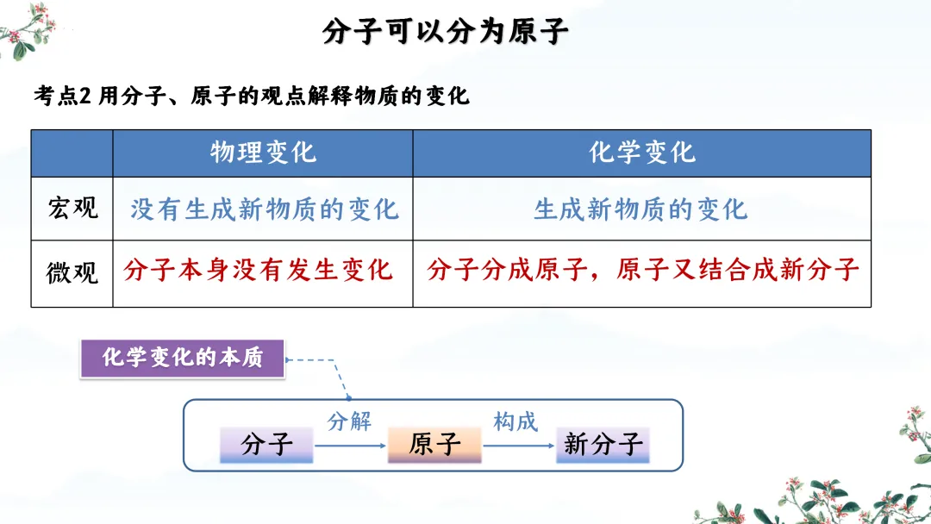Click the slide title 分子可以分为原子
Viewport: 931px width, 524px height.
pyautogui.click(x=446, y=32)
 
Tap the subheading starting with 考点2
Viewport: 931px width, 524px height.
pyautogui.click(x=252, y=96)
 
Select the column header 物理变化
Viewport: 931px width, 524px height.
pyautogui.click(x=263, y=153)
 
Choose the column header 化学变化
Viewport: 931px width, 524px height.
pyautogui.click(x=641, y=153)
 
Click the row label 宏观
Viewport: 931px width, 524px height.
pyautogui.click(x=72, y=208)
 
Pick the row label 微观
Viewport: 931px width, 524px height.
pyautogui.click(x=72, y=271)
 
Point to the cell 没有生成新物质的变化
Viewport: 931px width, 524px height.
pyautogui.click(x=264, y=209)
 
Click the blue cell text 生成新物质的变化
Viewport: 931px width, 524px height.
pyautogui.click(x=640, y=209)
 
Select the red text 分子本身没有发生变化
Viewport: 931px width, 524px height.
pyautogui.click(x=259, y=270)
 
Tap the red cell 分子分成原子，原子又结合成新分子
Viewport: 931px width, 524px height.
pyautogui.click(x=642, y=270)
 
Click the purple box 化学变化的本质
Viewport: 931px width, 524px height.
pyautogui.click(x=182, y=358)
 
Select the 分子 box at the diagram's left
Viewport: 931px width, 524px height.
pyautogui.click(x=266, y=444)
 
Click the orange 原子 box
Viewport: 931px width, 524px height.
pyautogui.click(x=434, y=444)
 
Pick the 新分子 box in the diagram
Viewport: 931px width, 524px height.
pyautogui.click(x=603, y=444)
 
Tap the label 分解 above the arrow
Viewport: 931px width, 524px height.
pyautogui.click(x=349, y=421)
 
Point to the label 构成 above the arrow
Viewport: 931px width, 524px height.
pyautogui.click(x=515, y=421)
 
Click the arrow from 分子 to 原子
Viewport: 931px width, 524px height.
pyautogui.click(x=349, y=446)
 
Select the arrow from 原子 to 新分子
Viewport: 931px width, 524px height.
pyautogui.click(x=517, y=446)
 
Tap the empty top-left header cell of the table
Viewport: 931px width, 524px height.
pyautogui.click(x=72, y=153)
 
